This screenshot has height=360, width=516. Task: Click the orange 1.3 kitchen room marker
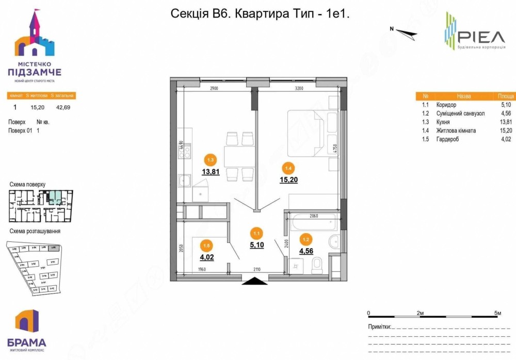pos(210,159)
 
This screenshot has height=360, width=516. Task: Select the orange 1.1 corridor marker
pos(256,233)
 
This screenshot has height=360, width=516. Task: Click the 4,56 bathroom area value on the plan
pos(307,252)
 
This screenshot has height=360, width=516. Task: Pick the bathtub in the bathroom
pos(314,223)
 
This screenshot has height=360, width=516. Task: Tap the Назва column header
pos(463,96)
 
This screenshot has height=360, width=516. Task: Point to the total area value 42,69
pos(63,108)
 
